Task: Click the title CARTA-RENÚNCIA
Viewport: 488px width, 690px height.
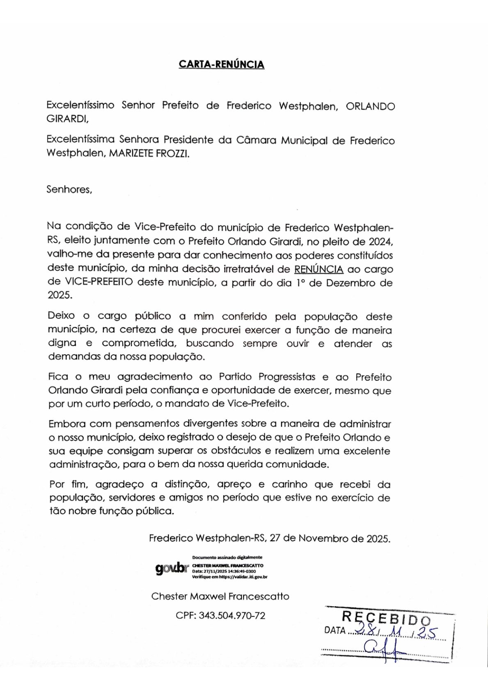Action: click(x=221, y=64)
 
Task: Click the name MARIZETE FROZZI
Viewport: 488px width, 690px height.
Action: click(x=149, y=154)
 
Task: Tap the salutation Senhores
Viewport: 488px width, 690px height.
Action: click(x=69, y=190)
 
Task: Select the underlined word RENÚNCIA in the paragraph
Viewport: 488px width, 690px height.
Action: click(x=318, y=269)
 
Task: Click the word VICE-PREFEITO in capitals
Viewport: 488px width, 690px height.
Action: click(x=99, y=283)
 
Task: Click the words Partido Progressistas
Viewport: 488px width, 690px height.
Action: click(x=267, y=377)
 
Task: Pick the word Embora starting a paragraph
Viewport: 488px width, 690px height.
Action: click(x=67, y=424)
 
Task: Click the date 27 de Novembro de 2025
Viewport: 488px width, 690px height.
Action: click(x=330, y=538)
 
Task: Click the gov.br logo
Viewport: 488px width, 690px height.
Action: click(x=171, y=568)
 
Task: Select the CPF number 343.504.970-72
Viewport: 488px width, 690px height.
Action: click(x=232, y=616)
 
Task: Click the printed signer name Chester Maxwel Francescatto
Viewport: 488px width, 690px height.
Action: click(x=220, y=596)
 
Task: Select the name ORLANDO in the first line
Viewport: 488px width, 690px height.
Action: click(x=370, y=107)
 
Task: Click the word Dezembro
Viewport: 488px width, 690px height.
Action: click(x=346, y=283)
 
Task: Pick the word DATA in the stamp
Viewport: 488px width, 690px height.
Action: click(x=334, y=630)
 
